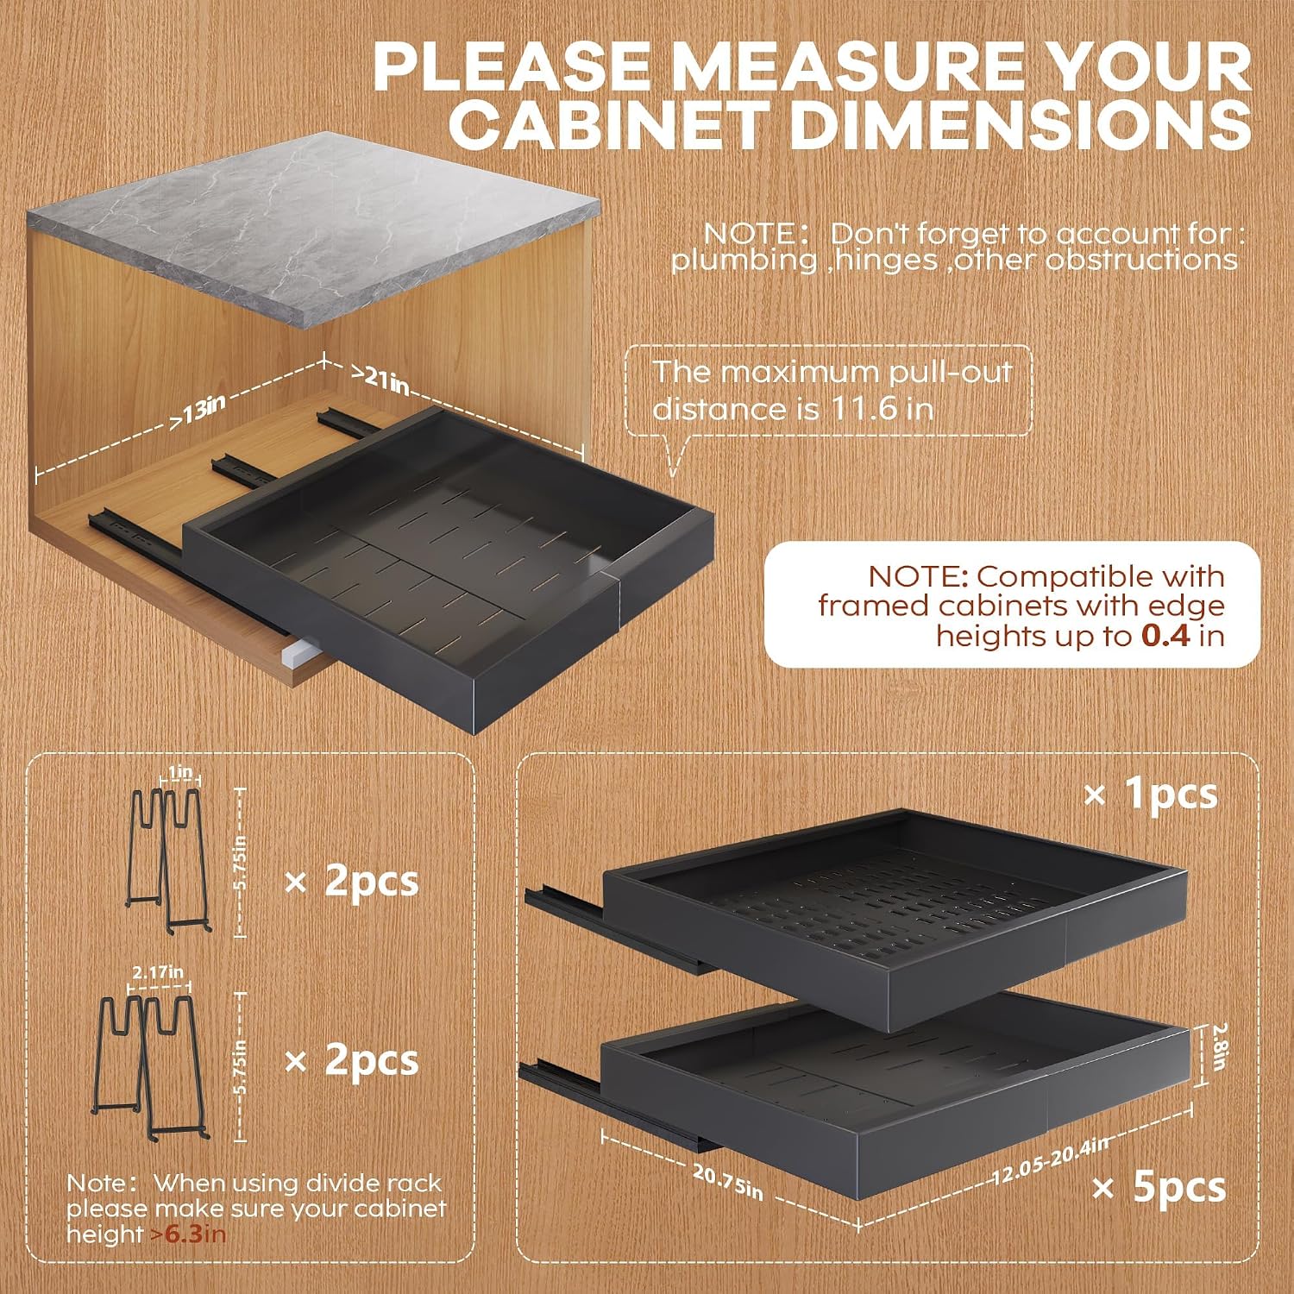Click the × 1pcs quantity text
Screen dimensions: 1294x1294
tap(1151, 794)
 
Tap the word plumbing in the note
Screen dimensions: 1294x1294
tap(744, 261)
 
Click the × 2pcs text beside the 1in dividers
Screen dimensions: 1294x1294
tap(352, 882)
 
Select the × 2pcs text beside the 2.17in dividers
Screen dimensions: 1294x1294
tap(352, 1060)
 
